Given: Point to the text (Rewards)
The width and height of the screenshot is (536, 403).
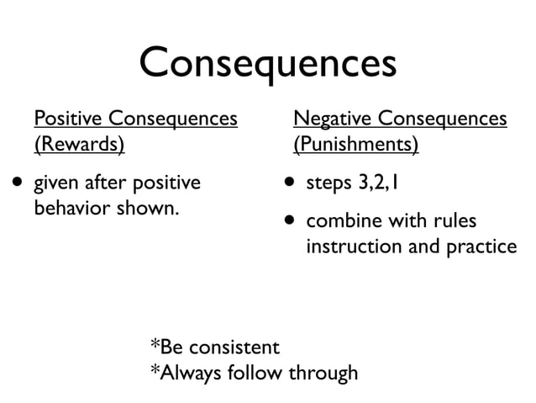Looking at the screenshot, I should pos(78,145).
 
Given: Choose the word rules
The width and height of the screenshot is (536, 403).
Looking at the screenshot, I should pos(454,222).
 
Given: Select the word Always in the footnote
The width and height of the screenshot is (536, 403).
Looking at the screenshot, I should pos(184,371).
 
